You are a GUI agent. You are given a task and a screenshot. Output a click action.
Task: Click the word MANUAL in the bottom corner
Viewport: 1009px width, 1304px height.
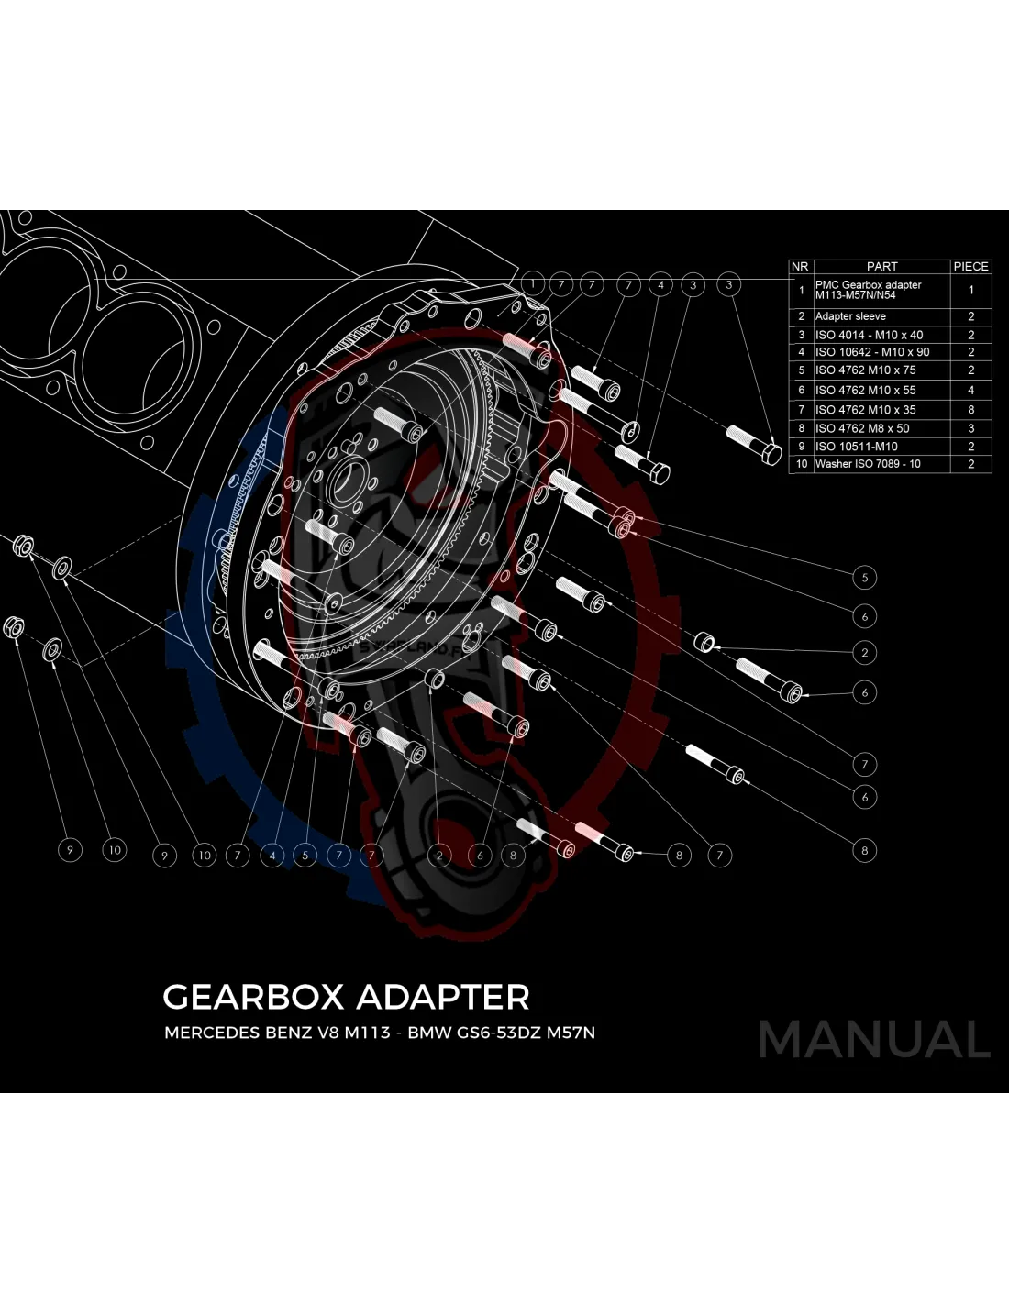(x=874, y=1039)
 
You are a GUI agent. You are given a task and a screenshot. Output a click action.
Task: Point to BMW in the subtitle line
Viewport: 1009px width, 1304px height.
(x=427, y=1033)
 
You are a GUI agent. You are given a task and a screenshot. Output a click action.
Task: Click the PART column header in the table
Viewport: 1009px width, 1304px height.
(x=881, y=266)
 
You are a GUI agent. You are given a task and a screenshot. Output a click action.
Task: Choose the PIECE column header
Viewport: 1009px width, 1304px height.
(x=970, y=266)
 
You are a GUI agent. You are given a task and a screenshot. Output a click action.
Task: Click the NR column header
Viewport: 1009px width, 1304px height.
(x=800, y=266)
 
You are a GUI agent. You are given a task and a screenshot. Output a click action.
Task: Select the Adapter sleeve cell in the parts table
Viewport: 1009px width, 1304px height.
(x=850, y=315)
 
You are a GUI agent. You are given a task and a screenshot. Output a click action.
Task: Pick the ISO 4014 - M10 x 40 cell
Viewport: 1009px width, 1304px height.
(x=869, y=335)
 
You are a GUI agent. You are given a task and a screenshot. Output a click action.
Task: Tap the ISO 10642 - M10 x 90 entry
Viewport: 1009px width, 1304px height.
(x=871, y=352)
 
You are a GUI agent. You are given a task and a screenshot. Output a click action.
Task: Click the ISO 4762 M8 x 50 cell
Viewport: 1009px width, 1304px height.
(x=862, y=428)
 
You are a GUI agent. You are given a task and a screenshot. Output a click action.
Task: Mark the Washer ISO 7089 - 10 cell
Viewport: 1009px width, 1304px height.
(x=868, y=464)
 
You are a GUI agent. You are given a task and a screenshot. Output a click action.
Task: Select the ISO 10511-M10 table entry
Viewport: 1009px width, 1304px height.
(x=856, y=447)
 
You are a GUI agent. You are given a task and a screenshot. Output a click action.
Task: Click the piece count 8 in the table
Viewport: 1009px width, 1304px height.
(x=970, y=410)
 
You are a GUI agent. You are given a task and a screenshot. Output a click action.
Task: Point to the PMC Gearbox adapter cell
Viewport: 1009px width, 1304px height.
(x=868, y=290)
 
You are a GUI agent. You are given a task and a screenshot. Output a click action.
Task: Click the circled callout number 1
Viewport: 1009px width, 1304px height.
(x=532, y=283)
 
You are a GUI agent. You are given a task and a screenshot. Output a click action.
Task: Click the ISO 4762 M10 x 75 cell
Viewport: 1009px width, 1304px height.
(x=865, y=370)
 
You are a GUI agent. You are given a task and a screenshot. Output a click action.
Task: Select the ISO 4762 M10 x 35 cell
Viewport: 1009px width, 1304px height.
(x=865, y=410)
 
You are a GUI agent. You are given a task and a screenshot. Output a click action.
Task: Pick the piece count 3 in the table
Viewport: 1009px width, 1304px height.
(x=970, y=428)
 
